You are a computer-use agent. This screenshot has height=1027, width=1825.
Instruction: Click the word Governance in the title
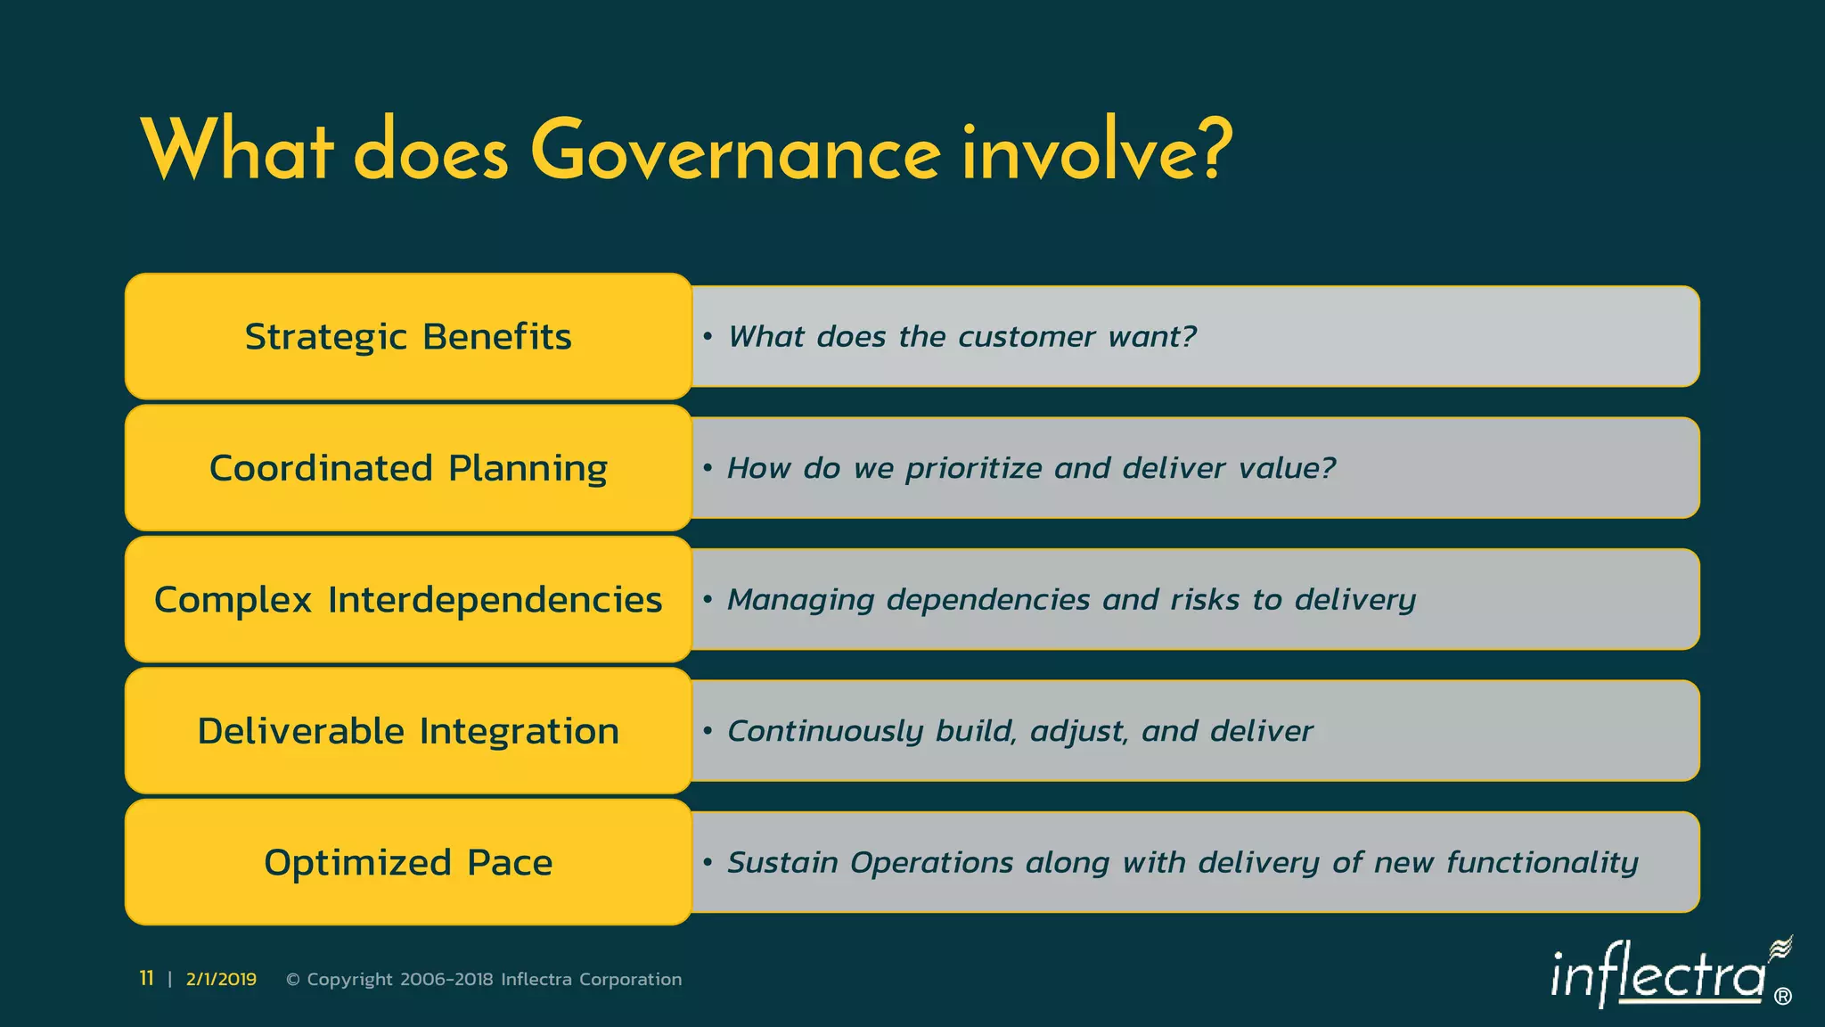pyautogui.click(x=735, y=152)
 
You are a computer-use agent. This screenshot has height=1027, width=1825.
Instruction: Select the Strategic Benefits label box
pyautogui.click(x=408, y=337)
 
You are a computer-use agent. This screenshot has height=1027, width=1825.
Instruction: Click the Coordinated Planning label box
pyautogui.click(x=408, y=468)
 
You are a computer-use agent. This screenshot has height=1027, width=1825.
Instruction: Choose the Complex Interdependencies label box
pyautogui.click(x=408, y=599)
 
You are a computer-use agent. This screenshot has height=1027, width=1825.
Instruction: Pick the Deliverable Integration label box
pyautogui.click(x=408, y=731)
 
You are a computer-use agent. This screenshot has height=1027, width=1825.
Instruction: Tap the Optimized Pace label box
pyautogui.click(x=408, y=862)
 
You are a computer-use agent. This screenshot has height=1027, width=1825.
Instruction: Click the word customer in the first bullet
pyautogui.click(x=1027, y=337)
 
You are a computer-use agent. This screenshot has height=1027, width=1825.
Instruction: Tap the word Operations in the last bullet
pyautogui.click(x=931, y=863)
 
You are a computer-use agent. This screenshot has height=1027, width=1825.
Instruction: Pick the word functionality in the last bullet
pyautogui.click(x=1542, y=863)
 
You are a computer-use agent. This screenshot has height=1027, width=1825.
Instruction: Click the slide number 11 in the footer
pyautogui.click(x=146, y=979)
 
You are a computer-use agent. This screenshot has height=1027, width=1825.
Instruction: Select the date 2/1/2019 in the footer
pyautogui.click(x=221, y=980)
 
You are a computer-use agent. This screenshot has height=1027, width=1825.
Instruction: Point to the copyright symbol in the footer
pyautogui.click(x=292, y=980)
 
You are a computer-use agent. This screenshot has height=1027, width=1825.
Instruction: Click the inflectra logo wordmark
pyautogui.click(x=1657, y=976)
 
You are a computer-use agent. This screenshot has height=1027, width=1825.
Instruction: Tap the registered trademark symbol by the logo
pyautogui.click(x=1783, y=997)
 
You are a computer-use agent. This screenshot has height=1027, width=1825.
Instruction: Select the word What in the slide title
pyautogui.click(x=237, y=152)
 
